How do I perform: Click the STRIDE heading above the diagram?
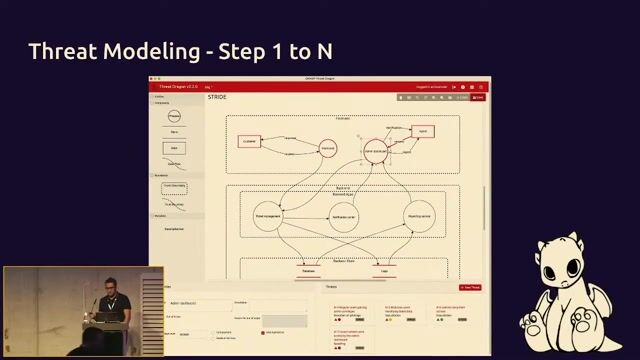click(218, 97)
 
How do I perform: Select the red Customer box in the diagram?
click(250, 142)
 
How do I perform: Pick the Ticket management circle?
click(269, 215)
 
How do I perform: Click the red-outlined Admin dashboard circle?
click(375, 152)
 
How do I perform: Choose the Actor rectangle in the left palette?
click(175, 147)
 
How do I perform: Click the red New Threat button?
click(471, 288)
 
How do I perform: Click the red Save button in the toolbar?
click(478, 97)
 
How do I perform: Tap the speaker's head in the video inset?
click(110, 283)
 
